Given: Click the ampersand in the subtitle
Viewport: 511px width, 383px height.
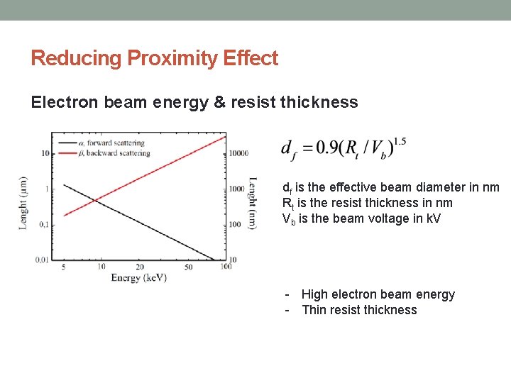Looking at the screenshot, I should (218, 102).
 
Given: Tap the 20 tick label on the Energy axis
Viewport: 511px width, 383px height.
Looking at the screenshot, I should (139, 267).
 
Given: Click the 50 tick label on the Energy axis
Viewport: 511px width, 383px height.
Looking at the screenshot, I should (188, 267).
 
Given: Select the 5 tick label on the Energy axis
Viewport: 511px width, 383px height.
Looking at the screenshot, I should (64, 267).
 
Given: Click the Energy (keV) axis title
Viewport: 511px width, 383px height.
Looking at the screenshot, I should (138, 278).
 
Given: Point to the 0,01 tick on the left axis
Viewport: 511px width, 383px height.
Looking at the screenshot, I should (42, 260).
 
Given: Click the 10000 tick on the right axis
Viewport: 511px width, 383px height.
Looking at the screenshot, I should (238, 153).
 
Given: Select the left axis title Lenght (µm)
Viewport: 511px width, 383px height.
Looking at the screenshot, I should (23, 203).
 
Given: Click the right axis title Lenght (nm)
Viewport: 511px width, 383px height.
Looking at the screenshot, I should (253, 203).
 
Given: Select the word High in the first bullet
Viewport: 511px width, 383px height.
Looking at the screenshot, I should (314, 294).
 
